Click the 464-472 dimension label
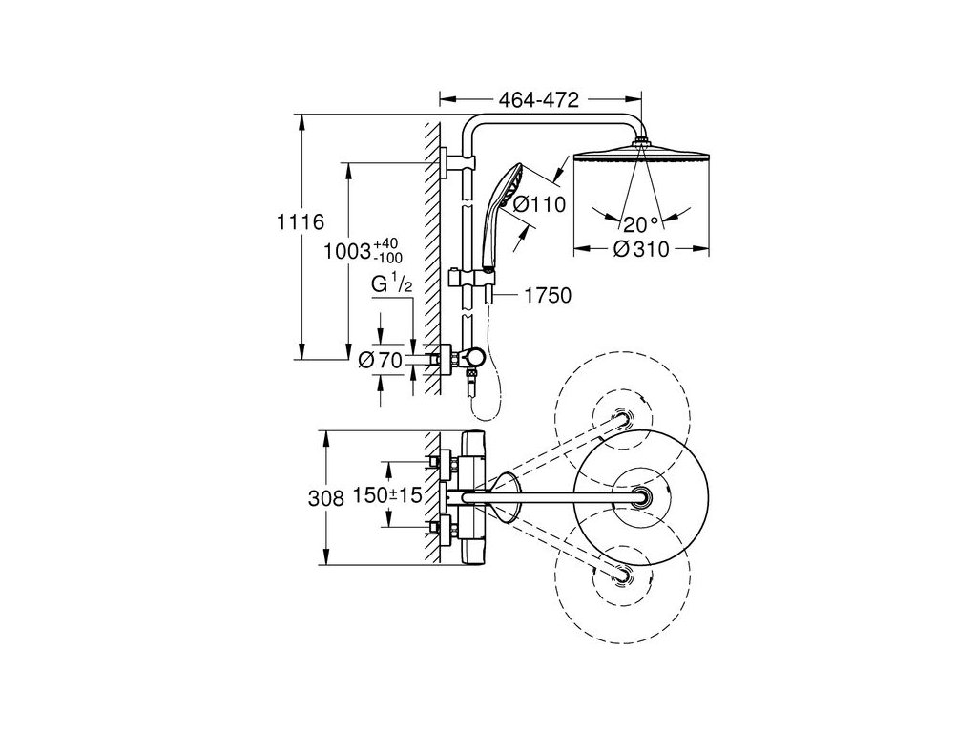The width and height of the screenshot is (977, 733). pyautogui.click(x=538, y=99)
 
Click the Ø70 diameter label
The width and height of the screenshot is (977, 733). pyautogui.click(x=382, y=360)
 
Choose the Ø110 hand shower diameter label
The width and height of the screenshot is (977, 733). pyautogui.click(x=540, y=204)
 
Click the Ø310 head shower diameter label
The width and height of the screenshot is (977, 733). pyautogui.click(x=641, y=249)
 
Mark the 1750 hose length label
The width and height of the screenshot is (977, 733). pyautogui.click(x=547, y=295)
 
